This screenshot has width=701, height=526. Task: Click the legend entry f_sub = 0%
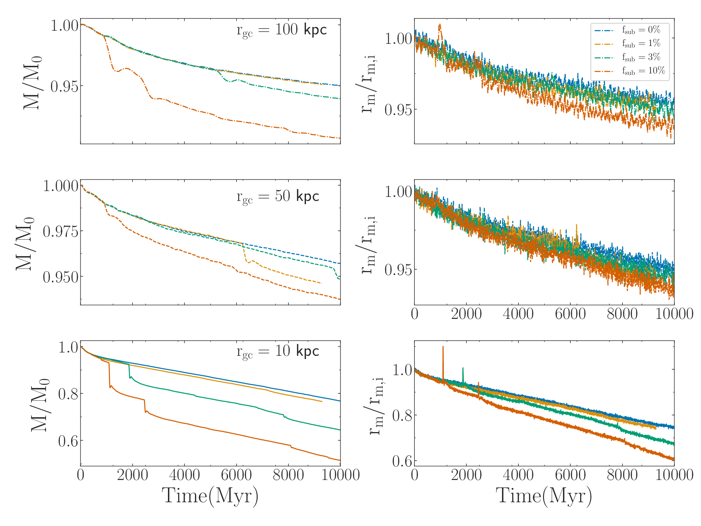coord(628,30)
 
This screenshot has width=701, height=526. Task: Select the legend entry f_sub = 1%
coord(628,43)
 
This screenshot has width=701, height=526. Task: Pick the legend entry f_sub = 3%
coord(628,57)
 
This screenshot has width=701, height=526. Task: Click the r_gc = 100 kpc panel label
coord(281,30)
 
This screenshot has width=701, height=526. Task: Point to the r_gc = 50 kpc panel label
coord(278,197)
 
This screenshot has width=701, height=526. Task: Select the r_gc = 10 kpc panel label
coord(278,351)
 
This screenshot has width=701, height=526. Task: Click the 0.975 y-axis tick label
coord(61,231)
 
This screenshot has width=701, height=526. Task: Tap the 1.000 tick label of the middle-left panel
coord(61,186)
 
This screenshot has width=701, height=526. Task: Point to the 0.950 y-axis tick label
coord(61,277)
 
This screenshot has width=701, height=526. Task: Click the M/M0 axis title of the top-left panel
coord(32,83)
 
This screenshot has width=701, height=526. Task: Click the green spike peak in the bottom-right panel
coord(463,368)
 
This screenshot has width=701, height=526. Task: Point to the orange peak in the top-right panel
coord(440,25)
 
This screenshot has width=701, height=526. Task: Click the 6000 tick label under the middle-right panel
coord(570,314)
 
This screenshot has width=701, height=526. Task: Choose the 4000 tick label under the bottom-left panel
coord(184,475)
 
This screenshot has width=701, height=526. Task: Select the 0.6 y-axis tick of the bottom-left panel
coord(68,441)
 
